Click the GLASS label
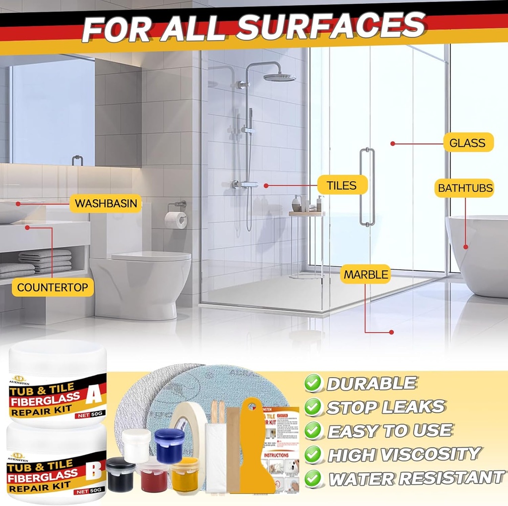(468, 143)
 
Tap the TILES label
(342, 185)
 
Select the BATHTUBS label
(465, 188)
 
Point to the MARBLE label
(366, 274)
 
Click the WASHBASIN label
(106, 203)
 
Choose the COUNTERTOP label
(53, 287)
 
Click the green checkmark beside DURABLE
(313, 383)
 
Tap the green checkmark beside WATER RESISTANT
(313, 478)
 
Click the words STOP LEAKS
(385, 407)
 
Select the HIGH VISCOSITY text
(404, 454)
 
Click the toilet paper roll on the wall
(176, 220)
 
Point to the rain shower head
(279, 77)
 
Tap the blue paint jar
(169, 445)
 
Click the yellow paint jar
(185, 475)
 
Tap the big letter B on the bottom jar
(93, 471)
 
